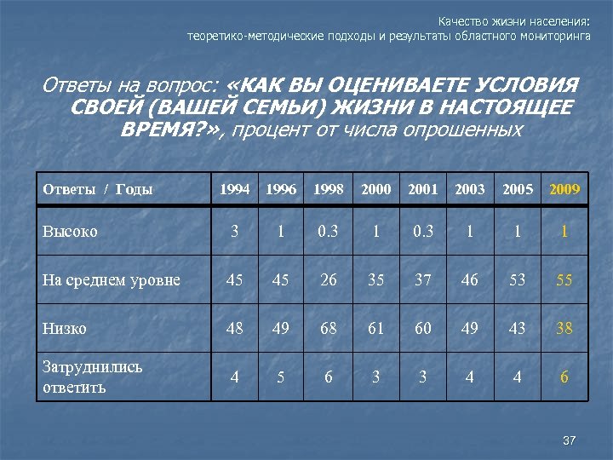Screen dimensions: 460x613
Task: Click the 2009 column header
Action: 564,189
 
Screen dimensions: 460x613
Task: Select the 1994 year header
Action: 235,189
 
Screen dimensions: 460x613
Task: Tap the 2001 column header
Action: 422,189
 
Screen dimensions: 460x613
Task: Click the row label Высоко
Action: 70,231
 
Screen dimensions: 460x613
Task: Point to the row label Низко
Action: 65,328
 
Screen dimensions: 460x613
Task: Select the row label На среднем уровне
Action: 112,279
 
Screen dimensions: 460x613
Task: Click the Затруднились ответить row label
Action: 93,377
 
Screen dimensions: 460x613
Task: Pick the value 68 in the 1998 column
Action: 329,328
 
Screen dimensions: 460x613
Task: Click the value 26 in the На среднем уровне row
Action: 329,279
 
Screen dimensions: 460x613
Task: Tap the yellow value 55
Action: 564,279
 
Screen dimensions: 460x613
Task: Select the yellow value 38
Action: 564,328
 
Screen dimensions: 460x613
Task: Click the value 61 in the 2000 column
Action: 375,328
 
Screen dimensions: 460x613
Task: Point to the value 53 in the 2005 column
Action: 517,279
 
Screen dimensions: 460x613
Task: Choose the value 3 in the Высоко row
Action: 235,231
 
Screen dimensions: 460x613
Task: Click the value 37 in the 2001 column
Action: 422,279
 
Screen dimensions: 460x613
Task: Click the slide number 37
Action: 570,440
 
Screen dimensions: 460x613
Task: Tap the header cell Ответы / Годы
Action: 98,189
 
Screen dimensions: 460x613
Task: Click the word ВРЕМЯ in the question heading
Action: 169,129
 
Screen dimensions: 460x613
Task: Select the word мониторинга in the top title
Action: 558,37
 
